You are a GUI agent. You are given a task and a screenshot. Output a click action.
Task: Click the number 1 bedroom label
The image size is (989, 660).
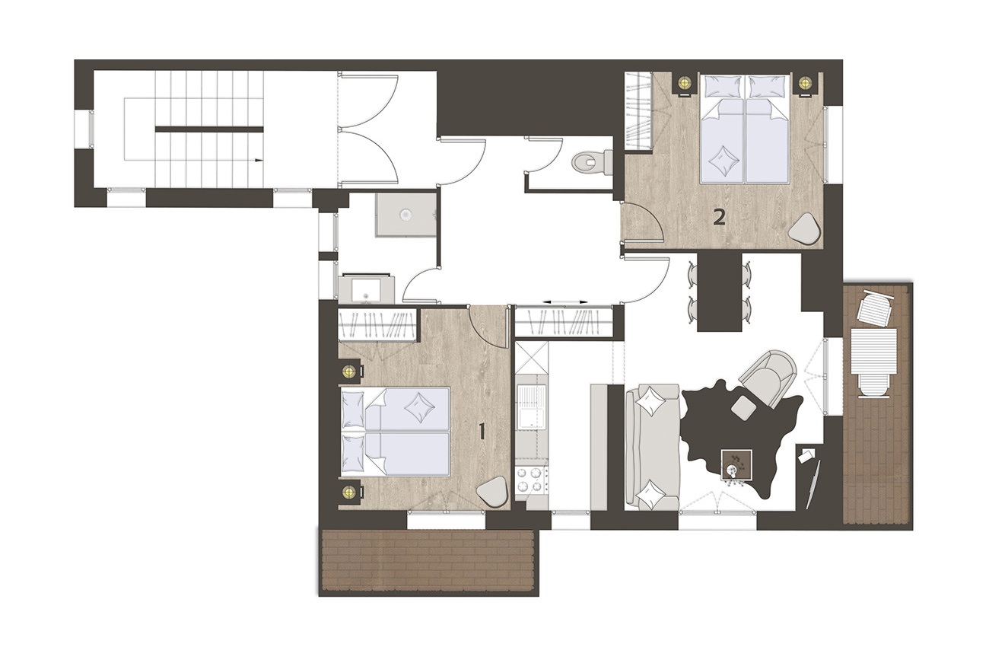(482, 432)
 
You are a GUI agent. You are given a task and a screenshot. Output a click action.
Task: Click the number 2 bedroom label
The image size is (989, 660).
(719, 217)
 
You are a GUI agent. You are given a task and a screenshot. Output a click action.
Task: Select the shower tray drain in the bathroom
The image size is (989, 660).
(405, 215)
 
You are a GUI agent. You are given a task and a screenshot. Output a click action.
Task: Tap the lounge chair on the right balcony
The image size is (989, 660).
(875, 308)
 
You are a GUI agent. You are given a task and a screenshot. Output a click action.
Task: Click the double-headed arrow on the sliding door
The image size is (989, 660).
(565, 302)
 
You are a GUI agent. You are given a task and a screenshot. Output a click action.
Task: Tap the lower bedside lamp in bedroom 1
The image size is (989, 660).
(350, 491)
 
